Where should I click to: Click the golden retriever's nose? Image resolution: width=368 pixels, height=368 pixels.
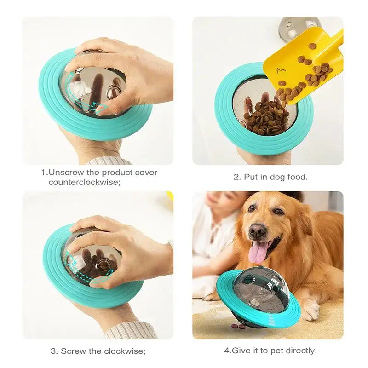click(257, 230)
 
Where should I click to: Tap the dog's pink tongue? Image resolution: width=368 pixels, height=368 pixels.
click(260, 252)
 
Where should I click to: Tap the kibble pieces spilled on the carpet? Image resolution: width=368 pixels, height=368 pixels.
click(238, 326)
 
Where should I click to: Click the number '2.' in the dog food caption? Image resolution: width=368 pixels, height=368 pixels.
click(237, 177)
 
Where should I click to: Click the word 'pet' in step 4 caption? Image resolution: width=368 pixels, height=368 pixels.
click(273, 351)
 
